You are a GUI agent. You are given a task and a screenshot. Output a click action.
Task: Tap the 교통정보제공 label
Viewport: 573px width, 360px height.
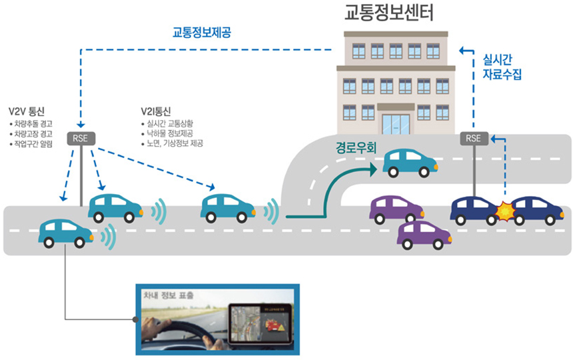197,31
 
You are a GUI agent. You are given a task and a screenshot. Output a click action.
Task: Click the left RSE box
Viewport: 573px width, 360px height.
81,139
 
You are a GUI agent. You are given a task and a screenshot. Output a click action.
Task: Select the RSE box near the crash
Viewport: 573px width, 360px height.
473,139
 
